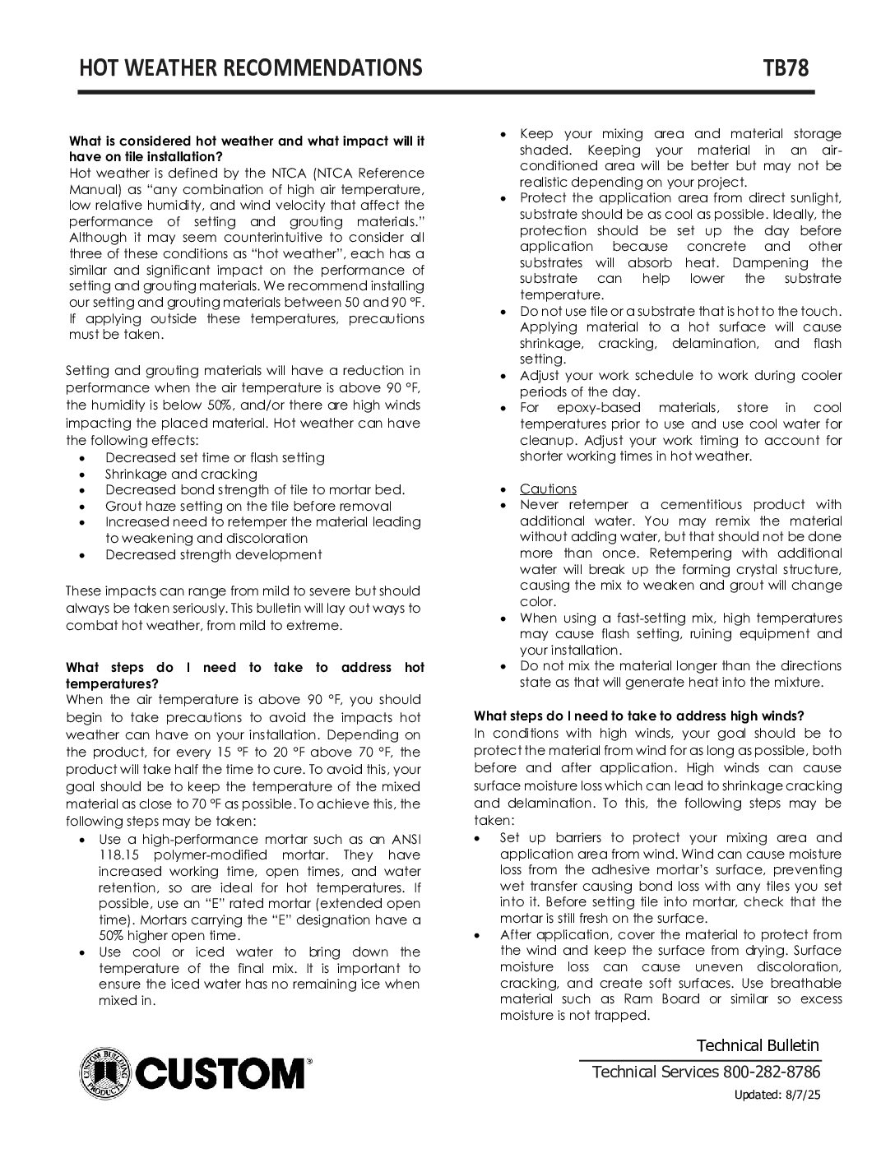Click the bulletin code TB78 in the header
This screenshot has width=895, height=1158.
786,67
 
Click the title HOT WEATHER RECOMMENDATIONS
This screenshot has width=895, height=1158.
251,67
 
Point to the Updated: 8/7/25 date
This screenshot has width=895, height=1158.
777,1095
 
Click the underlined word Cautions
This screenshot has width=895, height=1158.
548,489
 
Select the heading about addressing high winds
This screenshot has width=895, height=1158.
638,716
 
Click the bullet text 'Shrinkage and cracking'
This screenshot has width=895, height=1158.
181,474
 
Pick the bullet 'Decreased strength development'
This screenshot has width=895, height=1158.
213,554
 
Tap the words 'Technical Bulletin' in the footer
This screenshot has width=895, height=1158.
758,1045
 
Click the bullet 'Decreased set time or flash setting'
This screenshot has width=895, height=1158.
215,457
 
